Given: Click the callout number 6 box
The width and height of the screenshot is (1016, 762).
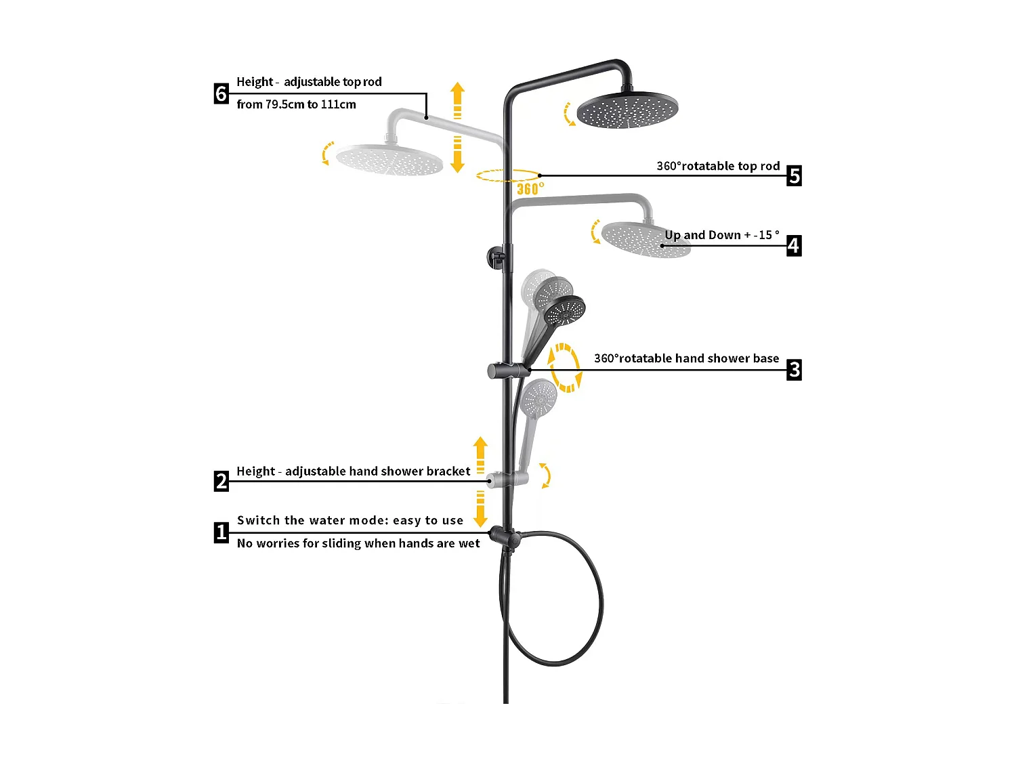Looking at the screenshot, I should (x=221, y=93).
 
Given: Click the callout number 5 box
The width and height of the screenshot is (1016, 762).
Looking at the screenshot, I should (x=794, y=175).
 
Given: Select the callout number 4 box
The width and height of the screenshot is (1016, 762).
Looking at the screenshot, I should (x=794, y=245).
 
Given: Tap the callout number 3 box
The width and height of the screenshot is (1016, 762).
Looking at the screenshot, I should (x=794, y=370).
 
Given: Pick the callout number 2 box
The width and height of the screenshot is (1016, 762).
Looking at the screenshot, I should (x=221, y=481).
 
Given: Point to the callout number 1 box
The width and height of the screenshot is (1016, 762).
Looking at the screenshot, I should (x=221, y=532).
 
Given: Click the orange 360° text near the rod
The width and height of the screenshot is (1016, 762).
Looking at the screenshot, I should (x=530, y=188).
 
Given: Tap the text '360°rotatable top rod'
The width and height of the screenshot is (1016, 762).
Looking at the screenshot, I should (x=718, y=166).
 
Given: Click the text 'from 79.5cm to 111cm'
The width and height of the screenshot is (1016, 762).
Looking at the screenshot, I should (x=296, y=104).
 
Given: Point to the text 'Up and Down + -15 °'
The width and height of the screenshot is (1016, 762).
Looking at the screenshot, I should (x=722, y=235).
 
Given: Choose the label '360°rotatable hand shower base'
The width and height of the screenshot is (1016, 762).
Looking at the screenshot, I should (x=686, y=358).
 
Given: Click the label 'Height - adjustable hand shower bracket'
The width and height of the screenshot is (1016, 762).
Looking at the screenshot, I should (x=353, y=471).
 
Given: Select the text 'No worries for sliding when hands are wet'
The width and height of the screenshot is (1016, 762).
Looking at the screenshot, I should (x=358, y=543).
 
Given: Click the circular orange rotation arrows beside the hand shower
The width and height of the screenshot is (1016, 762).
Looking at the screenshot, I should (x=564, y=368).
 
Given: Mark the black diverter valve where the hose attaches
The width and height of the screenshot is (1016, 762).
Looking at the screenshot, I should (x=505, y=536).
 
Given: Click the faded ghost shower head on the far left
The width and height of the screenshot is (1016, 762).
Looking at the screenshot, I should (x=389, y=160).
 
